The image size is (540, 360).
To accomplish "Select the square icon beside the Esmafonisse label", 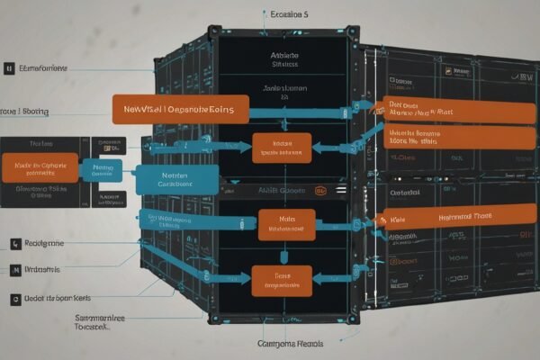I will click(x=8, y=67).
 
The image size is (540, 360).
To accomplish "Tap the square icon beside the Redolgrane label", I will click(x=15, y=243).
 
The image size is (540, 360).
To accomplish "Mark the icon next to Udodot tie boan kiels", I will click(x=15, y=298).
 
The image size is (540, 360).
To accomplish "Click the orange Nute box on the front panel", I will click(x=286, y=225).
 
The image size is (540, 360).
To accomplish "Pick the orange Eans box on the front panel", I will click(x=281, y=280).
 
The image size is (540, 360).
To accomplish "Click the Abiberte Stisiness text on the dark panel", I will click(x=284, y=59).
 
